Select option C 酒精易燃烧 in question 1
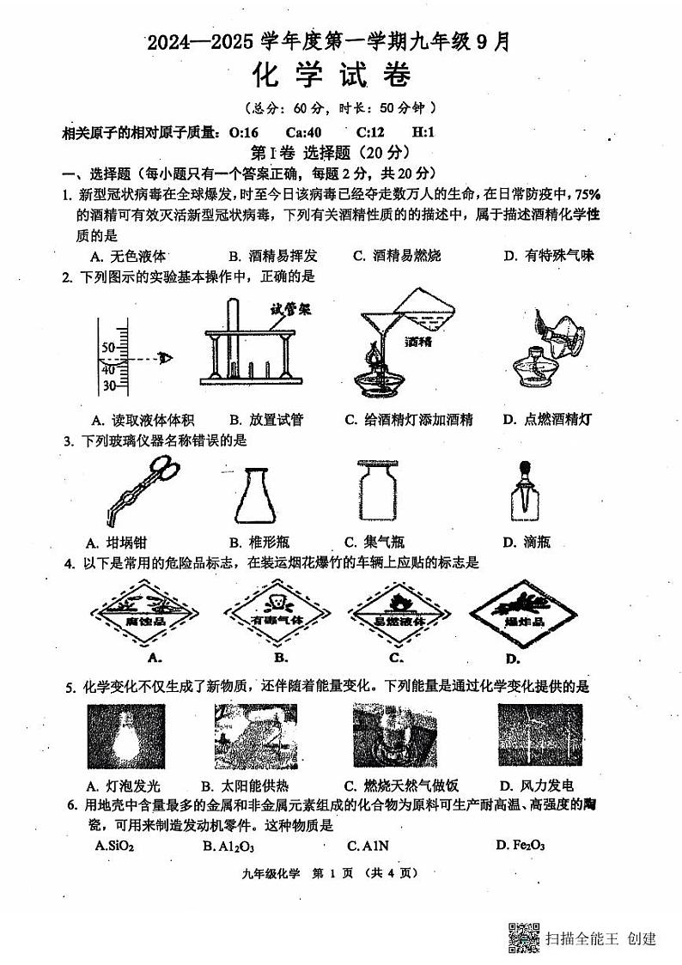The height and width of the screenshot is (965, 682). pos(396,255)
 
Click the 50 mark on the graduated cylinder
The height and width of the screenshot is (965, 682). pos(108,347)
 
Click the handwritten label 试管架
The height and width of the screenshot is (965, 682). pos(289,308)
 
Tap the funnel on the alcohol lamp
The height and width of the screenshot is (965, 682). pos(379,329)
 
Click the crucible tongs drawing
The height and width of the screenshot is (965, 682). pos(137,493)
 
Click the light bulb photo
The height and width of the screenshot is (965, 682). pos(125,737)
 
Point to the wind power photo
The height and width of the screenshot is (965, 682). pos(540,736)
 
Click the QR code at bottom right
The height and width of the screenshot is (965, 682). pos(523,937)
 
